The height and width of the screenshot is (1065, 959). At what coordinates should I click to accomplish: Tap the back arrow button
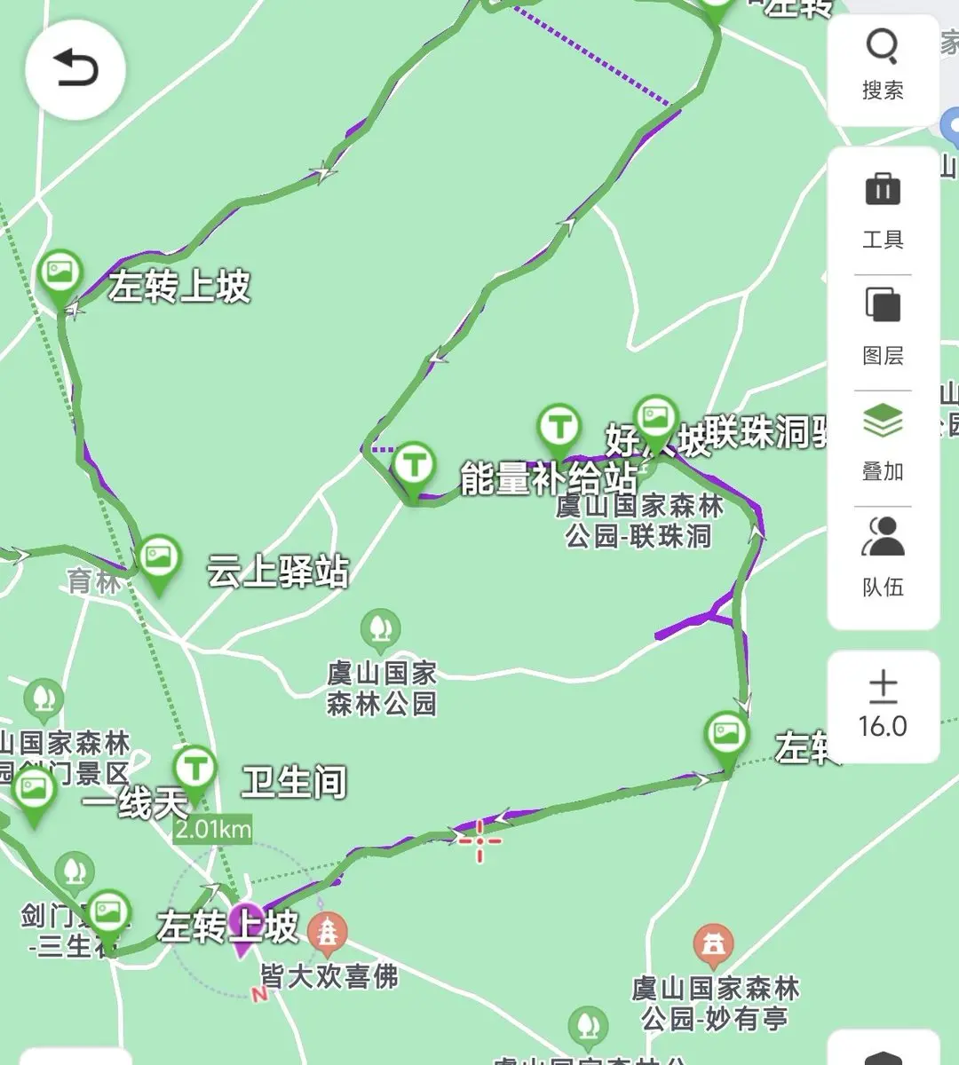[75, 69]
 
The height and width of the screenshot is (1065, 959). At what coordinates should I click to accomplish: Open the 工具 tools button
[882, 210]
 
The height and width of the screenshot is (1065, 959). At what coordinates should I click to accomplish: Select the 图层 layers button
[882, 327]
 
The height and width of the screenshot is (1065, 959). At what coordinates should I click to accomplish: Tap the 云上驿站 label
[278, 572]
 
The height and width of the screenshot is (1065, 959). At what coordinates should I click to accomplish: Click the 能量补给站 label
[549, 479]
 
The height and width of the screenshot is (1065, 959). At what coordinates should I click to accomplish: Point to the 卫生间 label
[294, 783]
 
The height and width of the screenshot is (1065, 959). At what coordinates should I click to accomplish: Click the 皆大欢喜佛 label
[329, 976]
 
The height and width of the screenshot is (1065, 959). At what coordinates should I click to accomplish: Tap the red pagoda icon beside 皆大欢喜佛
[328, 933]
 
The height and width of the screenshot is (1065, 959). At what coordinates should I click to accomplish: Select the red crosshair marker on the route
[479, 840]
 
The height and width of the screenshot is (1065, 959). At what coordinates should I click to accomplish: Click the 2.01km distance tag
[212, 829]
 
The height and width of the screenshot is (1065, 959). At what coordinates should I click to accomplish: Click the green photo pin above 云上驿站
[160, 561]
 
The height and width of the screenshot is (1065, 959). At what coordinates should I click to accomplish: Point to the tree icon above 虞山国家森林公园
[380, 628]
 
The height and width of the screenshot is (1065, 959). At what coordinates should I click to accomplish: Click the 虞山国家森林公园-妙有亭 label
[715, 1004]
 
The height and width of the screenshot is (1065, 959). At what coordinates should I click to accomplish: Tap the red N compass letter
[259, 995]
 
